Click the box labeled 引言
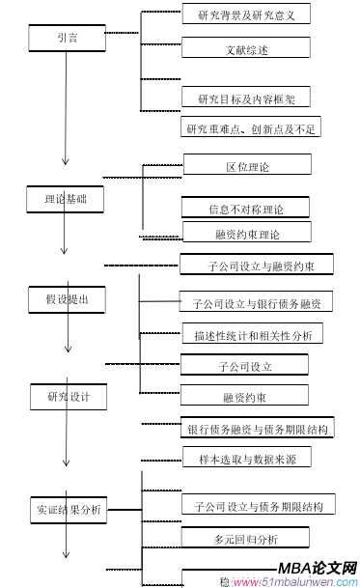[66, 38]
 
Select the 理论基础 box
[66, 200]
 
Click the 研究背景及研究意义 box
[246, 14]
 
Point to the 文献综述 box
[246, 47]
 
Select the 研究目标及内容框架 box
[246, 98]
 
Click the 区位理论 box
[246, 165]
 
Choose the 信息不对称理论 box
[246, 208]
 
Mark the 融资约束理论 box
[246, 233]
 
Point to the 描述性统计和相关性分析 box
[252, 335]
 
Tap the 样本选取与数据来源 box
[246, 456]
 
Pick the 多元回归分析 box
[246, 538]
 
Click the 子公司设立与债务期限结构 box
[258, 505]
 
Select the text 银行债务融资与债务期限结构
[259, 428]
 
